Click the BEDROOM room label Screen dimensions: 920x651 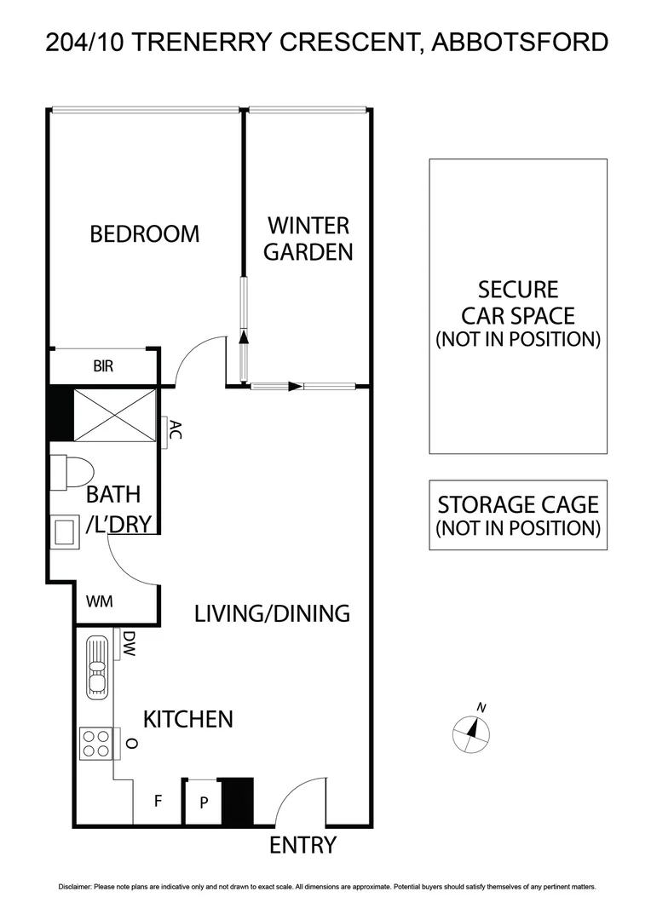tap(145, 233)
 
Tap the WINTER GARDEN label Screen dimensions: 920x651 tap(308, 239)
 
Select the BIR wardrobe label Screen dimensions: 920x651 tap(103, 367)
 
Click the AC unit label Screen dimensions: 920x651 tap(175, 430)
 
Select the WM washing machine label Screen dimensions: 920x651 tap(100, 601)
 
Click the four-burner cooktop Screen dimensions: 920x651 tap(95, 743)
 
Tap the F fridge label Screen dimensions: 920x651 tap(158, 802)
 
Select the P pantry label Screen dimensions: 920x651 tap(204, 802)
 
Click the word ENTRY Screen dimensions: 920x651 tap(303, 846)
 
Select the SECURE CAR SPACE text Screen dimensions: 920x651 tap(518, 314)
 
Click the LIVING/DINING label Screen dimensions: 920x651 tap(272, 613)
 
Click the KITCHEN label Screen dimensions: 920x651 tap(187, 719)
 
